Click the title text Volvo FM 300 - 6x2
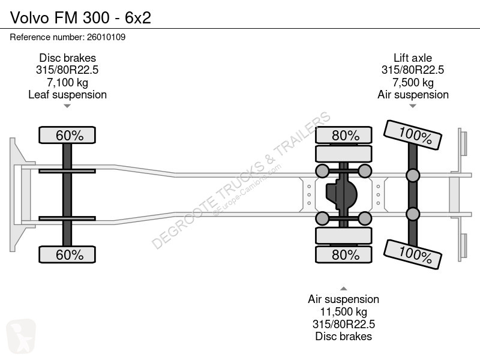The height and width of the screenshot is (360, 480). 80,17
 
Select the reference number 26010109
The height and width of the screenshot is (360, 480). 106,37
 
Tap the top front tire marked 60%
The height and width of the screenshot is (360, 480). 67,134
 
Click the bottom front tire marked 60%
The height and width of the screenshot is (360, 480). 67,254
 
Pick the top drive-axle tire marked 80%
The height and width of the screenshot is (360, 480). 344,134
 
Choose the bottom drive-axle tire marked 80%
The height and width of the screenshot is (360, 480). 344,254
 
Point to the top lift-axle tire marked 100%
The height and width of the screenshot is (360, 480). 413,134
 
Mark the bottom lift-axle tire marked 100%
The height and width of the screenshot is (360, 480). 413,254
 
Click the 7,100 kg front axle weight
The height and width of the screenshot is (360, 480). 67,82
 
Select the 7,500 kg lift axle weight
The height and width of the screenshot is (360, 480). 413,82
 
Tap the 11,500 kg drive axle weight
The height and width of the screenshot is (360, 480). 343,311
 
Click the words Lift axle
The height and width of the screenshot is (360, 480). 413,58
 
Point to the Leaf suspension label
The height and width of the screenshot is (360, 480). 67,95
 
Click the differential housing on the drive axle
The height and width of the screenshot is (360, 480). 341,194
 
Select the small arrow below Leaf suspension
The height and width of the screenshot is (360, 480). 67,106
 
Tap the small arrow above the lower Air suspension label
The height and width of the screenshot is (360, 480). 343,289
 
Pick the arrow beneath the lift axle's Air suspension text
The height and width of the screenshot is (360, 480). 413,106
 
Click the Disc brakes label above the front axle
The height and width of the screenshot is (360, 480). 67,58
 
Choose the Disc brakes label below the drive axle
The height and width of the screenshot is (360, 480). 343,336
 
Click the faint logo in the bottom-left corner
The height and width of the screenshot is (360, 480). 21,336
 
